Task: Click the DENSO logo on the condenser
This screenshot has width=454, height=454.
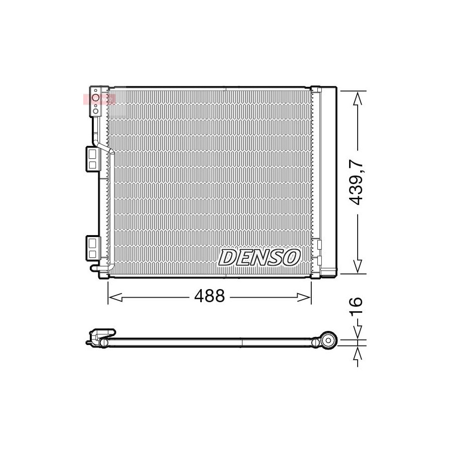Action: tap(259, 257)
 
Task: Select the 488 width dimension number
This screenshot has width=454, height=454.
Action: tap(209, 296)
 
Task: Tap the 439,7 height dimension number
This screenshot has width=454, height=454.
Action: tap(356, 183)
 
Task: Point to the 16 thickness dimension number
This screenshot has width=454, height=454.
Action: tap(356, 306)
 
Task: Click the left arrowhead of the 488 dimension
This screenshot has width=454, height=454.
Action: tap(115, 297)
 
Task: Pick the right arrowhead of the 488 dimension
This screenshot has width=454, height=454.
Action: tap(304, 297)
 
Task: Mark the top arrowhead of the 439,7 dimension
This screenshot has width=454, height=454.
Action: tap(358, 98)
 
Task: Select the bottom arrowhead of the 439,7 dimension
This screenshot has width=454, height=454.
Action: tap(358, 266)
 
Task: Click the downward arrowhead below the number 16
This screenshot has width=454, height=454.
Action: tap(358, 332)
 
